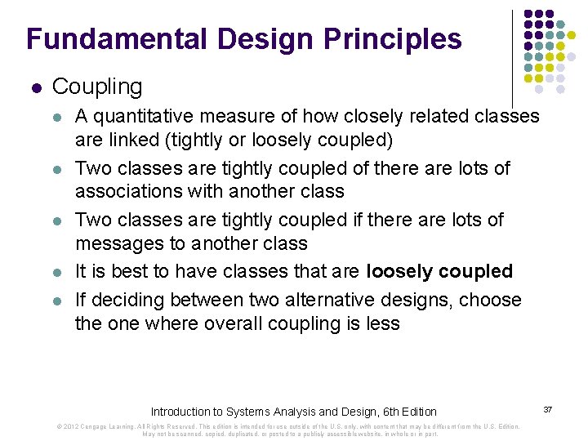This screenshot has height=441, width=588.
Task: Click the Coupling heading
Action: [x=96, y=86]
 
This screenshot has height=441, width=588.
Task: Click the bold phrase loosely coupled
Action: [x=439, y=271]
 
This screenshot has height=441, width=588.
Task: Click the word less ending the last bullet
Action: [x=382, y=323]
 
